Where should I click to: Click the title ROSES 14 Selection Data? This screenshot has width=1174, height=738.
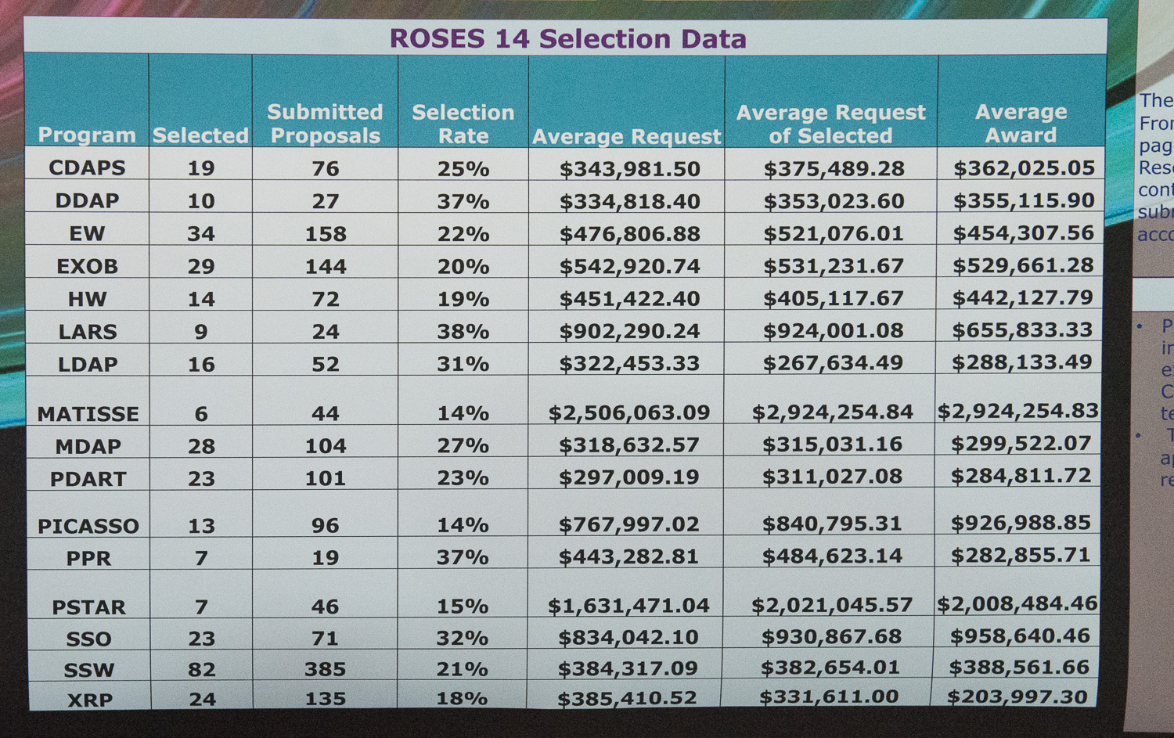click(567, 38)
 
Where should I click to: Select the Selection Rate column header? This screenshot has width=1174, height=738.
click(463, 124)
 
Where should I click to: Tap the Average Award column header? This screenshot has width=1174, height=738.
click(1021, 123)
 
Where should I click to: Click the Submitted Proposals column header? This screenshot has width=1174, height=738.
click(325, 124)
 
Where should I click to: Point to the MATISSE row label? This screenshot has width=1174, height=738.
click(88, 414)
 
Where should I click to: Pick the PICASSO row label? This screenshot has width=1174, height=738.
click(88, 526)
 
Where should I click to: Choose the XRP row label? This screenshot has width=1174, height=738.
click(90, 700)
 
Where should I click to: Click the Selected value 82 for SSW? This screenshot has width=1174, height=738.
click(201, 670)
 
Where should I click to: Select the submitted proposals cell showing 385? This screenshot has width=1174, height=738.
click(325, 669)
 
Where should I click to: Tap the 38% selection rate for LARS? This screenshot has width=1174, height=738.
click(463, 331)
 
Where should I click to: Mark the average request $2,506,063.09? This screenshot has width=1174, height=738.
click(629, 412)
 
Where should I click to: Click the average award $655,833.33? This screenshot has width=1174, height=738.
click(1022, 329)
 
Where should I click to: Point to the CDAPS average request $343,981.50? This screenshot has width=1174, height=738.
click(629, 168)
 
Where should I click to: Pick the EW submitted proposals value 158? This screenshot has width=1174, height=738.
click(325, 233)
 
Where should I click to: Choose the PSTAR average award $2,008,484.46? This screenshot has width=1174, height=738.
click(1017, 603)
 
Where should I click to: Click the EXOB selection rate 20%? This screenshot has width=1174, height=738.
click(463, 266)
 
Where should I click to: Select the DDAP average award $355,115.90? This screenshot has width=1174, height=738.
click(1024, 200)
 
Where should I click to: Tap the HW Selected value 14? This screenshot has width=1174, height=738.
click(201, 299)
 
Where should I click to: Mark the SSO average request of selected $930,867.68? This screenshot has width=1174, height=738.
click(831, 636)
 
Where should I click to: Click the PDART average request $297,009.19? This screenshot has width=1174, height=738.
click(628, 477)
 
